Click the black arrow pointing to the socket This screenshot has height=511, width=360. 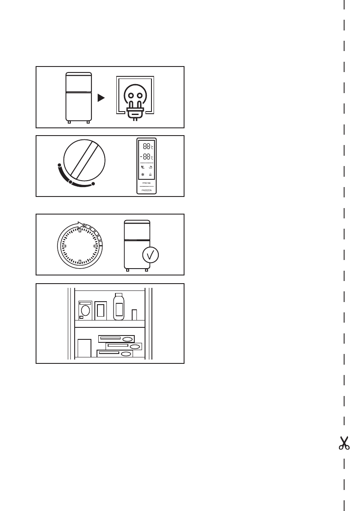tap(101, 98)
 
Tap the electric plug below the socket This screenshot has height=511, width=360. tap(135, 112)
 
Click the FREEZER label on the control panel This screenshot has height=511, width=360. tap(147, 190)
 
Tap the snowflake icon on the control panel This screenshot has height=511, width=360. tap(142, 175)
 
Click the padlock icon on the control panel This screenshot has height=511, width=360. tap(151, 175)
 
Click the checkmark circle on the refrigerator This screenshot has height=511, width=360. tap(150, 255)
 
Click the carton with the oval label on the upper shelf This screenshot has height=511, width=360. tap(85, 310)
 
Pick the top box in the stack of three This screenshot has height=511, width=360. tap(116, 339)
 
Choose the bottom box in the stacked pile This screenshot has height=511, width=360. tap(115, 354)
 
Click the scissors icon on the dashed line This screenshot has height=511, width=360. tap(344, 443)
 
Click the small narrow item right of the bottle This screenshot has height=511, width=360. tap(134, 314)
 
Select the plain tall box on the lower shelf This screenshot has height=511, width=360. tap(85, 348)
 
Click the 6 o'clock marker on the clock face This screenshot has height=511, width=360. tap(80, 262)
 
